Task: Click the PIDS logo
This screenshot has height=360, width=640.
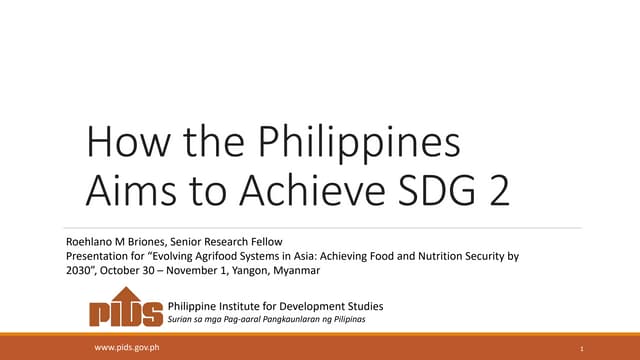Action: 126,310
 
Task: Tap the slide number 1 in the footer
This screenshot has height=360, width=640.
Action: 580,348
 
